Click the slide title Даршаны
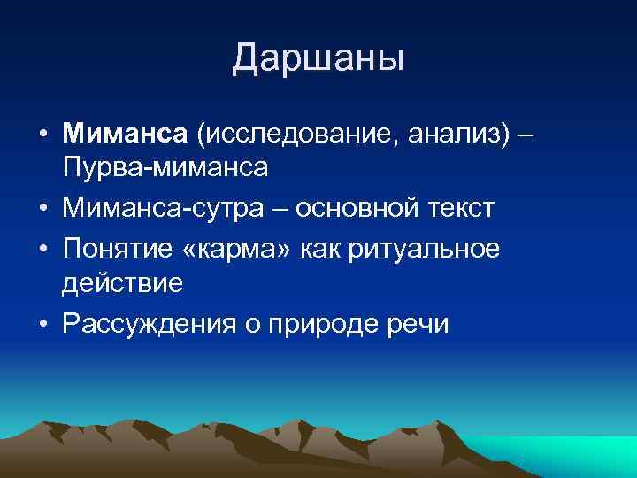[x=318, y=58]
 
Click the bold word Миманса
[x=126, y=134]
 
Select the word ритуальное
[x=426, y=251]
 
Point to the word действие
[x=122, y=282]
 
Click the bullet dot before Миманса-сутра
[x=42, y=210]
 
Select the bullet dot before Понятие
[x=42, y=251]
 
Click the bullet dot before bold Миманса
[x=42, y=135]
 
